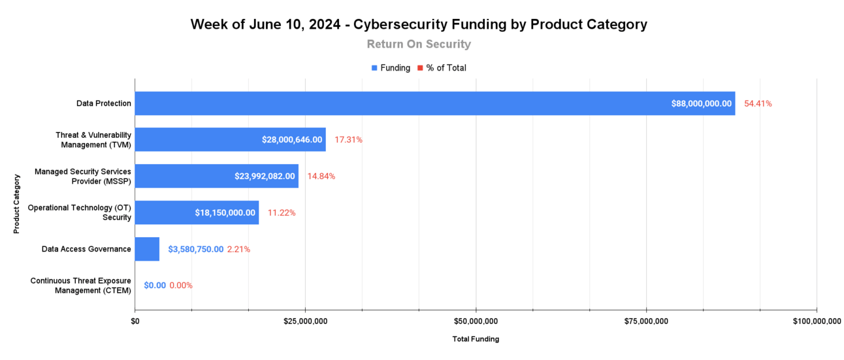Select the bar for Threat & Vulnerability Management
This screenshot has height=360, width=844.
(196, 140)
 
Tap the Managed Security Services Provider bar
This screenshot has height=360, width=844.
(183, 176)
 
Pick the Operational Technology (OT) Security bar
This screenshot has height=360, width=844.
(163, 212)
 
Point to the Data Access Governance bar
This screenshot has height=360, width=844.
(147, 249)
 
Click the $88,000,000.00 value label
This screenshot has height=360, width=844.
(701, 103)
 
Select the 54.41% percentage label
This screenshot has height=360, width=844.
(758, 103)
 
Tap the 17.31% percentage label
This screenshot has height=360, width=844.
(348, 140)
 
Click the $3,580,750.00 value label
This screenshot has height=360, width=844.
(195, 249)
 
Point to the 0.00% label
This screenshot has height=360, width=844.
(181, 286)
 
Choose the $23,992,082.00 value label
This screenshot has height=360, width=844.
(265, 176)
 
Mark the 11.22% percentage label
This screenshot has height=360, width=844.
(282, 212)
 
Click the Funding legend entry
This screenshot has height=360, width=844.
(391, 68)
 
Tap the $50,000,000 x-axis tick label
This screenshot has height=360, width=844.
(476, 321)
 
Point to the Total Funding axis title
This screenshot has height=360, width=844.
(476, 339)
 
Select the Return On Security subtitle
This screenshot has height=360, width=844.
(419, 44)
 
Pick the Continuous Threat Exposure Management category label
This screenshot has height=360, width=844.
(80, 286)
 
